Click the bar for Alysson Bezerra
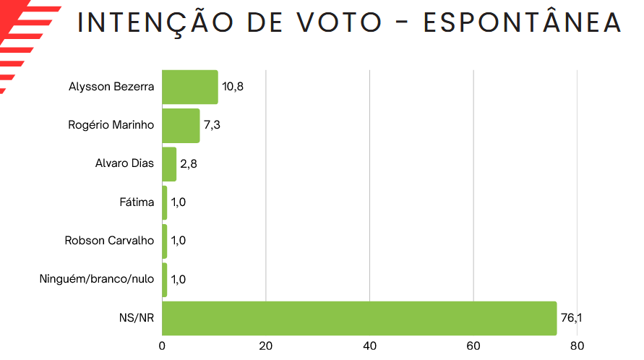point(189,87)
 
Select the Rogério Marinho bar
point(181,125)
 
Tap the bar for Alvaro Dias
point(169,163)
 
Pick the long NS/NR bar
point(359,317)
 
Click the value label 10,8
point(232,87)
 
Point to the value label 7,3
point(212,125)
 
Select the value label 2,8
point(189,163)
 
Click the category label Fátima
point(137,202)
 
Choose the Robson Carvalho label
point(109,240)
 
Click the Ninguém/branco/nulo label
point(96,278)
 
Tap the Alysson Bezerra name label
point(111,87)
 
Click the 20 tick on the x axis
point(266,346)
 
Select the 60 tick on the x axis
point(473,346)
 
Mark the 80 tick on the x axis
point(577,346)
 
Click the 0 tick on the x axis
point(163,346)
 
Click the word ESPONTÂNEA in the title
point(522,23)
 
